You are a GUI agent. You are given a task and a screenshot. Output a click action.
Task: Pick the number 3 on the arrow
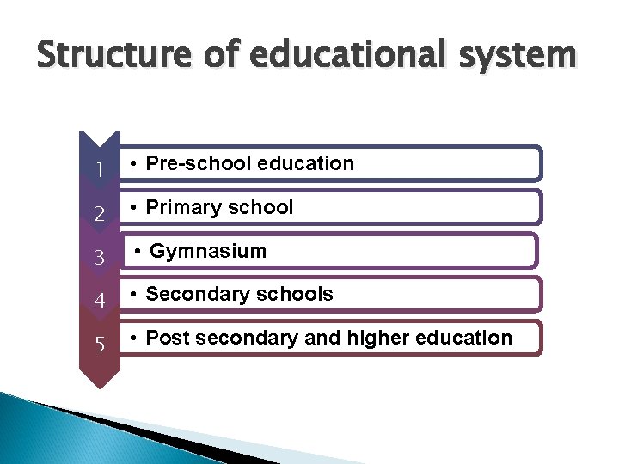[x=100, y=258]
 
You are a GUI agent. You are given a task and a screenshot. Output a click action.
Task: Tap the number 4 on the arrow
[x=100, y=302]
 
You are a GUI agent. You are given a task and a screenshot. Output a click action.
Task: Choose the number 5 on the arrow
[x=100, y=345]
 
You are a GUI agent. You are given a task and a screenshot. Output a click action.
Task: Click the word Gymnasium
[x=208, y=251]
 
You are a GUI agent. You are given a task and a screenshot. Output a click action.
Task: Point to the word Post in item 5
[x=168, y=338]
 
